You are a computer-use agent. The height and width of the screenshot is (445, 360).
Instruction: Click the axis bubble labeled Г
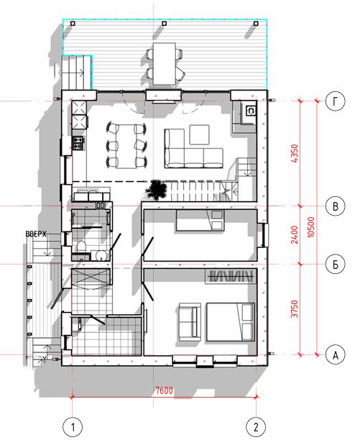pyautogui.click(x=335, y=101)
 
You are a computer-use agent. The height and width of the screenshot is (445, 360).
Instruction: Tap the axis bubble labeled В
pyautogui.click(x=335, y=206)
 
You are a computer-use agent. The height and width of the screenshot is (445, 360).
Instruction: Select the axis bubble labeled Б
pyautogui.click(x=335, y=265)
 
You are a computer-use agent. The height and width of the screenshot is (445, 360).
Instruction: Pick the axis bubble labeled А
pyautogui.click(x=335, y=354)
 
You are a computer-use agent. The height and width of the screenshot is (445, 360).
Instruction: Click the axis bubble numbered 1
pyautogui.click(x=73, y=427)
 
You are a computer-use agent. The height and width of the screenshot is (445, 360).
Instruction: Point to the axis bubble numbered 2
pyautogui.click(x=256, y=427)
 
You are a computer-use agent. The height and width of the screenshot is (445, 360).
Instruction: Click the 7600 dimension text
pyautogui.click(x=165, y=390)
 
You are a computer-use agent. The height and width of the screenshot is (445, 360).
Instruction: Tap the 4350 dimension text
pyautogui.click(x=295, y=154)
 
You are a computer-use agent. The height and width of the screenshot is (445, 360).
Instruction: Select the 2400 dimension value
pyautogui.click(x=295, y=234)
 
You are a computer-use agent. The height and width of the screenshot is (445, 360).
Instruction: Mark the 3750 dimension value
pyautogui.click(x=295, y=309)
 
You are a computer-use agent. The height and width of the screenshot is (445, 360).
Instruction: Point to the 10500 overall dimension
pyautogui.click(x=311, y=227)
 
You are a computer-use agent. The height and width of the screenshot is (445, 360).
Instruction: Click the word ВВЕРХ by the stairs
pyautogui.click(x=36, y=234)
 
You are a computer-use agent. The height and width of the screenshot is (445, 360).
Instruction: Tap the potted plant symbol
pyautogui.click(x=156, y=190)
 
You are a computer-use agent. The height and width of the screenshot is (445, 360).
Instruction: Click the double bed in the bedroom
pyautogui.click(x=230, y=321)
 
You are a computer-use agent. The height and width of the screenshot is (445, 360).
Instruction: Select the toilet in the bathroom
pyautogui.click(x=81, y=247)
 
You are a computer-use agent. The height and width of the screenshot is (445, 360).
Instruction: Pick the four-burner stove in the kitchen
pyautogui.click(x=78, y=143)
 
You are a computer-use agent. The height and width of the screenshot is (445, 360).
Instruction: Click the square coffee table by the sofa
pyautogui.click(x=200, y=134)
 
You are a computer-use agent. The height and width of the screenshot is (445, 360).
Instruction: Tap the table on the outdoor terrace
pyautogui.click(x=165, y=63)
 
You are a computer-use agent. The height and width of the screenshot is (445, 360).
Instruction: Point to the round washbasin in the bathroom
pyautogui.click(x=101, y=256)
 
